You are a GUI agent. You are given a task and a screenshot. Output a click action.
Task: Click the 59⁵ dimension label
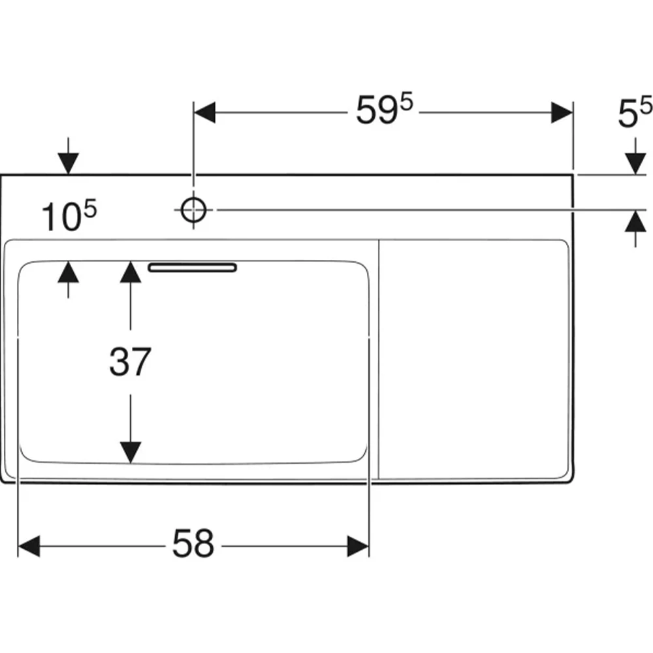coord(384,109)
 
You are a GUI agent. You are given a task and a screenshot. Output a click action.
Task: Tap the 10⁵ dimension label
coord(69,215)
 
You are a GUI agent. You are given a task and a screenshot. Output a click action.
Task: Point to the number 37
coord(130,362)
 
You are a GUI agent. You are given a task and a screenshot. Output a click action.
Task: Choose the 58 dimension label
coord(193,543)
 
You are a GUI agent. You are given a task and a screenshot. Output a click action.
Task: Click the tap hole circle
coord(193,210)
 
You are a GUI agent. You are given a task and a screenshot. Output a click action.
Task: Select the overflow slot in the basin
coord(193,267)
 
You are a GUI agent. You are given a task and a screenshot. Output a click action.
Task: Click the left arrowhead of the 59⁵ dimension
coord(204,112)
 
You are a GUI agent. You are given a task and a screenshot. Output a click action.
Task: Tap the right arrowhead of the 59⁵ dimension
coord(562,112)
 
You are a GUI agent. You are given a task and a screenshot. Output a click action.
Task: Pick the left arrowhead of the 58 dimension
coord(29,546)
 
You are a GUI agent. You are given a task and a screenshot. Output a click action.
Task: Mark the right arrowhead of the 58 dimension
coord(358,546)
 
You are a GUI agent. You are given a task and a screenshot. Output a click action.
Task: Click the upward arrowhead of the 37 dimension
coord(131,272)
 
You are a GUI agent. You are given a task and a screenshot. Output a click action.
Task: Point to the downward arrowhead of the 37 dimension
coord(131,453)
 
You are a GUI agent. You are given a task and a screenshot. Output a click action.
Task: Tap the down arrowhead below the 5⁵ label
coord(635,164)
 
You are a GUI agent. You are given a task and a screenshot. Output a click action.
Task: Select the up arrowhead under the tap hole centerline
coord(635,221)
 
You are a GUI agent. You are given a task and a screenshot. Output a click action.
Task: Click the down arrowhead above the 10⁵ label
coord(69,164)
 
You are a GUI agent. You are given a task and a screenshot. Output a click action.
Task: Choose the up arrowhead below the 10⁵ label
coord(69,272)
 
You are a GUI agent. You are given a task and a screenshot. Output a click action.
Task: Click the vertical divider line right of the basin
coord(379,359)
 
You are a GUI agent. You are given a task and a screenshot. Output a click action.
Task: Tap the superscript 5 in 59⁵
coord(406,102)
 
